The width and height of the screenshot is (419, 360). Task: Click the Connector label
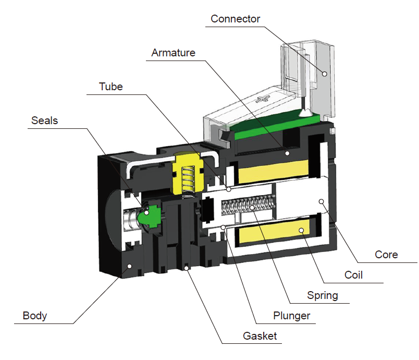[x=235, y=19]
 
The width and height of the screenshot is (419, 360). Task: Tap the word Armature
[x=173, y=53]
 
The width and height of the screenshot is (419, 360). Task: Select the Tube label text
[x=111, y=87]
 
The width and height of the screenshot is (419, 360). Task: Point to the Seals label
[x=44, y=121]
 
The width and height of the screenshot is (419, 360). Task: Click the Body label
[x=35, y=316]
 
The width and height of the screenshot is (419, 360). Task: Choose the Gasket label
[x=260, y=335]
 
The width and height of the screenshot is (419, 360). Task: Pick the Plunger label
[x=291, y=316]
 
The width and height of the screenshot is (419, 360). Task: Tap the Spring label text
[x=322, y=295]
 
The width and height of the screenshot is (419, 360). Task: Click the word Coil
[x=353, y=275]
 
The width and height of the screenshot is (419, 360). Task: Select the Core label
[x=386, y=255]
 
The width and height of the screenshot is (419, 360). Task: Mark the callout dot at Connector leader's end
[x=324, y=74]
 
